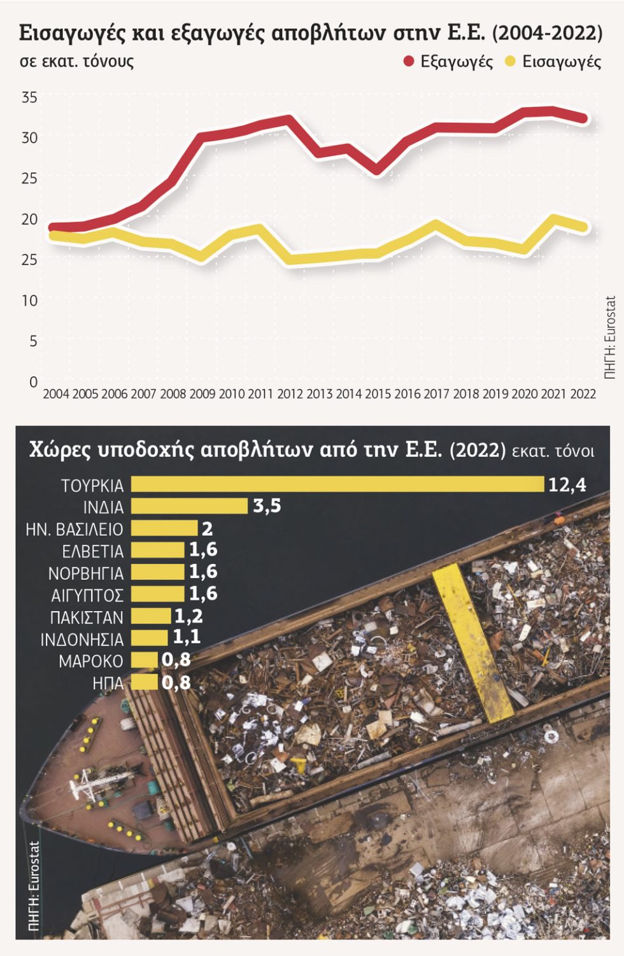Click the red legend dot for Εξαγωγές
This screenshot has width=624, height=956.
tap(409, 62)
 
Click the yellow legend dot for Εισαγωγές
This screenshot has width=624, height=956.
tap(511, 62)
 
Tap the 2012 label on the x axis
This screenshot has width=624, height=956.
tap(290, 394)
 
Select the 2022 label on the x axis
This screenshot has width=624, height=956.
tap(583, 394)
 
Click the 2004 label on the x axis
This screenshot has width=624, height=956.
tap(56, 394)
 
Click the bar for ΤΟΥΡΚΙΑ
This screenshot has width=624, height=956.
tap(337, 484)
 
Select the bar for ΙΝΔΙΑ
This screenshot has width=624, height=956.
tap(189, 506)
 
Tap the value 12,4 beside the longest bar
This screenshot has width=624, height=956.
tap(567, 485)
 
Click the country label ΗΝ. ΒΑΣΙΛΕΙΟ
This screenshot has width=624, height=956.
tap(74, 530)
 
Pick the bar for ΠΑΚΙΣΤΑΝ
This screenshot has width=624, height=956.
tap(151, 616)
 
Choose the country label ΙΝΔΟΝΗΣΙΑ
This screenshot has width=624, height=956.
tap(82, 640)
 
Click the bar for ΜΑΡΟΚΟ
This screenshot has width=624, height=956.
tap(145, 660)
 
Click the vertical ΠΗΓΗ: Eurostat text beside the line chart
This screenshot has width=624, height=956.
tap(611, 338)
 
